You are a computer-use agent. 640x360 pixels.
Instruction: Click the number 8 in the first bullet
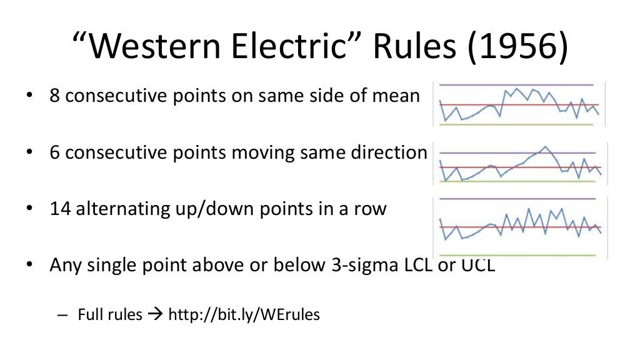pyautogui.click(x=55, y=97)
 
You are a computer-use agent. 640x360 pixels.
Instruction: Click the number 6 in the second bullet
pyautogui.click(x=55, y=152)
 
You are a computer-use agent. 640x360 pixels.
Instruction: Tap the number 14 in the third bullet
pyautogui.click(x=61, y=208)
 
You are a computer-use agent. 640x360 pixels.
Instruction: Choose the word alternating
pyautogui.click(x=126, y=208)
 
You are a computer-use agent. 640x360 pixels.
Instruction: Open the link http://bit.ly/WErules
pyautogui.click(x=244, y=314)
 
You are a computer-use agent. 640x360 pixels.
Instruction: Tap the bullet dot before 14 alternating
pyautogui.click(x=29, y=209)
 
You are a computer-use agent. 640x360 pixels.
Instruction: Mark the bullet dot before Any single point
pyautogui.click(x=29, y=265)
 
